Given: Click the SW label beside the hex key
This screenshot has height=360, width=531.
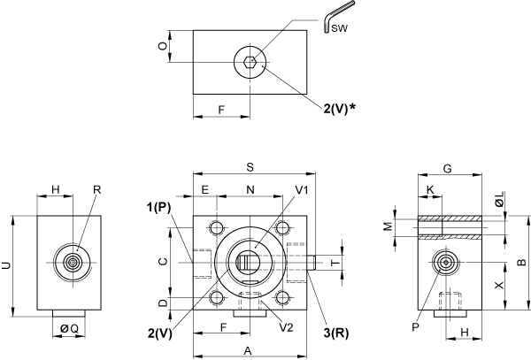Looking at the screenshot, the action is click(339, 28).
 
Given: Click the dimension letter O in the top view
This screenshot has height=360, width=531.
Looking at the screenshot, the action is click(163, 46).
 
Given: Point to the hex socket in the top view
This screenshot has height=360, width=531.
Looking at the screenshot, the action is click(250, 62).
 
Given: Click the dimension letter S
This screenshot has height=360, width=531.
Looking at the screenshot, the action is click(250, 167).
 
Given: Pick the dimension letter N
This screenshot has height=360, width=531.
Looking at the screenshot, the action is click(250, 190).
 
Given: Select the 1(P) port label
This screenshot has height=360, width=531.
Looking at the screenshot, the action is click(158, 207).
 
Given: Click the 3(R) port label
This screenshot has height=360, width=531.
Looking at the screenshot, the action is click(336, 333).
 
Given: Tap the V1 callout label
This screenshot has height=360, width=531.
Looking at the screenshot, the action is click(302, 190).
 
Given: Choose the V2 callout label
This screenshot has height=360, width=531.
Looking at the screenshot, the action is click(286, 327).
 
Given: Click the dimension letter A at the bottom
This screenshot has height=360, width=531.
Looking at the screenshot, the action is click(248, 351).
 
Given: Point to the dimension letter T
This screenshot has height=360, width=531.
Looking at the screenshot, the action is click(335, 263).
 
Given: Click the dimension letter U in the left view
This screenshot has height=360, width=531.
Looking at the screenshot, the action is click(6, 266).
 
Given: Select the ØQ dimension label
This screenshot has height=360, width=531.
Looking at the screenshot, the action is click(69, 328).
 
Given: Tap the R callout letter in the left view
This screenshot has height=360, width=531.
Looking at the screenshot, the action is click(96, 190).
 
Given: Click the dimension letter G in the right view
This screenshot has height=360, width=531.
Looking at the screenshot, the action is click(447, 168).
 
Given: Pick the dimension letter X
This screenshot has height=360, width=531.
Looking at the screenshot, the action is click(499, 286).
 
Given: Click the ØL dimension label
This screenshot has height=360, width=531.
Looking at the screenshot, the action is click(500, 199).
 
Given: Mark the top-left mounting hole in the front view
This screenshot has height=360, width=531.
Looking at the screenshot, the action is click(216, 227).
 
